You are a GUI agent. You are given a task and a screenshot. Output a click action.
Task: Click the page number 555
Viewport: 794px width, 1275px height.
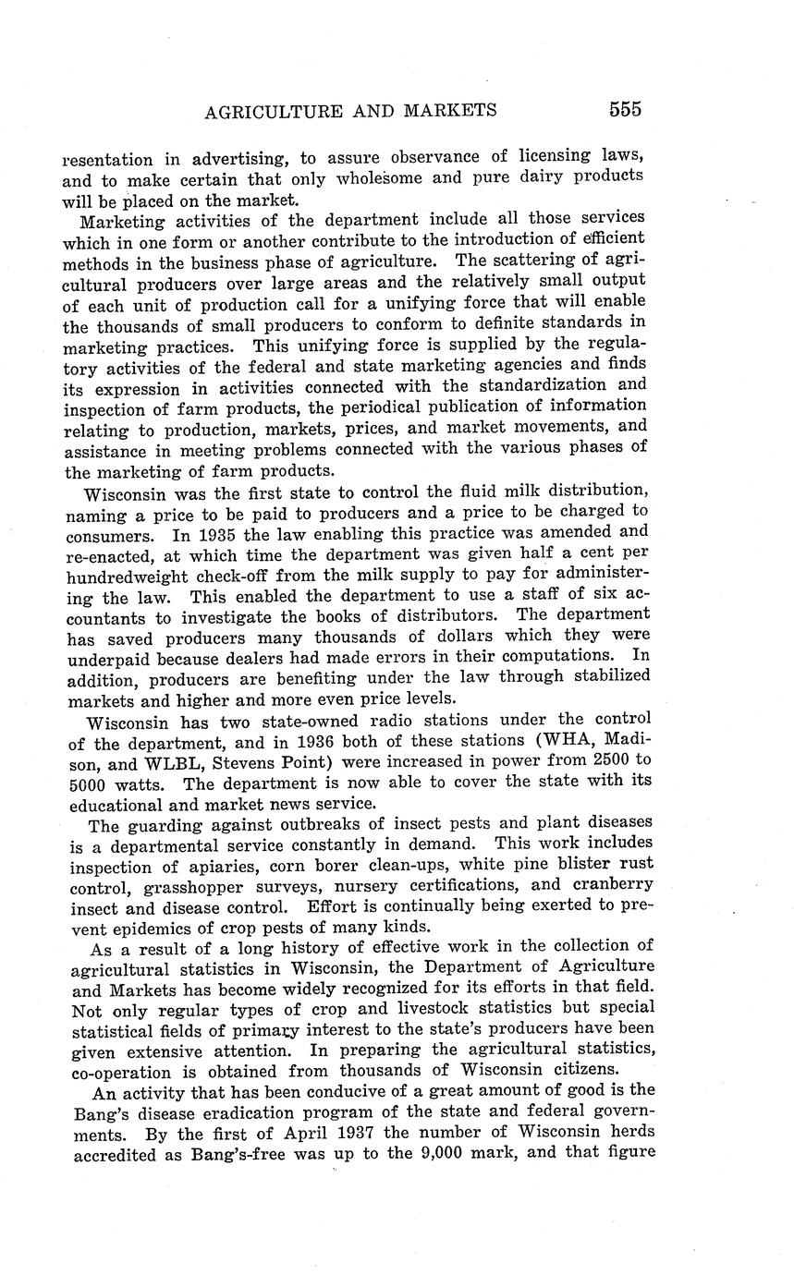(x=625, y=109)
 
